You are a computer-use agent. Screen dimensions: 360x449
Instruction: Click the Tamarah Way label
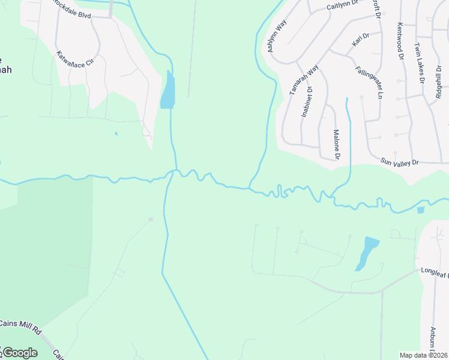(x=303, y=80)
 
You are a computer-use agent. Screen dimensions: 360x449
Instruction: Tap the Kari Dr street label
(x=360, y=40)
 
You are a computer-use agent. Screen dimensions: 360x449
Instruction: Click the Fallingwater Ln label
(x=368, y=82)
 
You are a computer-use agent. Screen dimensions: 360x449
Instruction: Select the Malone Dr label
(x=336, y=145)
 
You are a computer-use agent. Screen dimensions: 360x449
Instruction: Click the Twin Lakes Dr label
(x=419, y=62)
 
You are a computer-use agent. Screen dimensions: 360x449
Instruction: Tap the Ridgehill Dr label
(x=439, y=80)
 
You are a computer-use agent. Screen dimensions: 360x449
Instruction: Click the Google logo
(x=20, y=352)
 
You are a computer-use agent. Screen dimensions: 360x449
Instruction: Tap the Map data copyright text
(x=424, y=355)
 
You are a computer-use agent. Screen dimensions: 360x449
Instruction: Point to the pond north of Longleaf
(x=367, y=252)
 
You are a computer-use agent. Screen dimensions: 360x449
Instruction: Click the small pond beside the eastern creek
(x=420, y=210)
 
